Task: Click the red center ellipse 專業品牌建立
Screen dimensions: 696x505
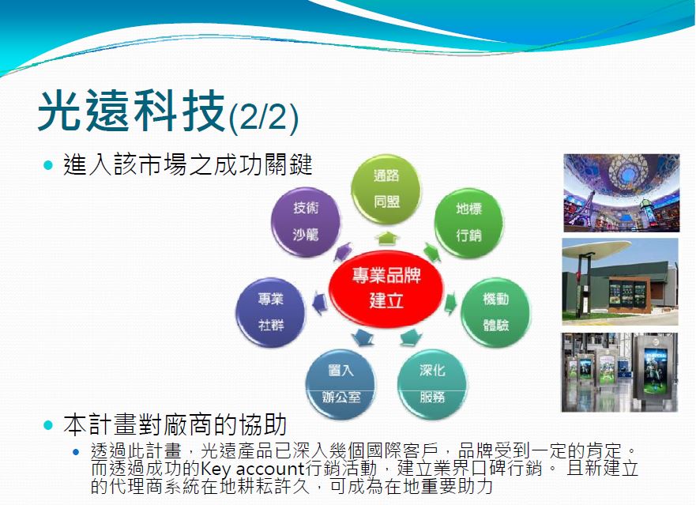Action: pos(386,288)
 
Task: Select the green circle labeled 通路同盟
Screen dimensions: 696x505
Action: pos(386,189)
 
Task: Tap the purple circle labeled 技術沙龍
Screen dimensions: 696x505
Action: pos(306,221)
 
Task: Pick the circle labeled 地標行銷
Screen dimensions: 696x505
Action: pos(468,223)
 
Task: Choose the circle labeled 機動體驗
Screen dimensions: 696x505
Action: pos(496,313)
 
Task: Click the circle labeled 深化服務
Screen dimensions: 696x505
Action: pos(432,384)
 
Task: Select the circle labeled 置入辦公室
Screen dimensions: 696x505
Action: pos(340,384)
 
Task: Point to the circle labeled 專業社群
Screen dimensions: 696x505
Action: pos(270,313)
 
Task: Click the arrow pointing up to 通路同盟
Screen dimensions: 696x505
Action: pos(386,239)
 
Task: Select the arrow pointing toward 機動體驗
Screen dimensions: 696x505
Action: pos(451,303)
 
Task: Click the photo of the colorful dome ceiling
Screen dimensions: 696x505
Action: pos(622,193)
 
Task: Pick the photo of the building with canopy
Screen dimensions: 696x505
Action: pos(620,281)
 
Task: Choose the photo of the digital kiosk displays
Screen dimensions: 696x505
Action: pos(619,372)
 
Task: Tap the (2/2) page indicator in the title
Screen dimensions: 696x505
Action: pos(263,117)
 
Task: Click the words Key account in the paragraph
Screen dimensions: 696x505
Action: pos(252,468)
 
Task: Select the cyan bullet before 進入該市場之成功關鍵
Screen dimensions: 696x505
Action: pos(48,166)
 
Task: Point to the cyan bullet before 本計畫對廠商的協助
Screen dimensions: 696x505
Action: pos(48,425)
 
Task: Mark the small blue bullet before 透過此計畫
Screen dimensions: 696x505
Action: pos(76,452)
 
